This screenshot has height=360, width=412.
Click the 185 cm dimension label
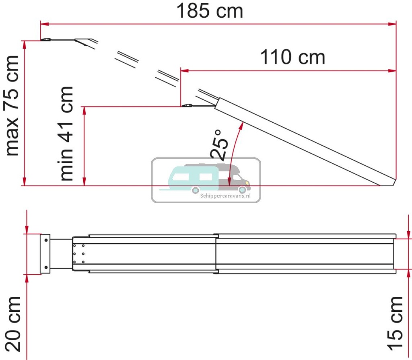tap(210, 11)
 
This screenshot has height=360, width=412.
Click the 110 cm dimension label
tap(293, 57)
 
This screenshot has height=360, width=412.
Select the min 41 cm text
tap(66, 134)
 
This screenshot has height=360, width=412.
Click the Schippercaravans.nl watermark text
tap(225, 196)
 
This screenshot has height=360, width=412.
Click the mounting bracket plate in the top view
tap(45, 254)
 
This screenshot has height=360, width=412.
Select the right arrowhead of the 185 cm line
tap(393, 24)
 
